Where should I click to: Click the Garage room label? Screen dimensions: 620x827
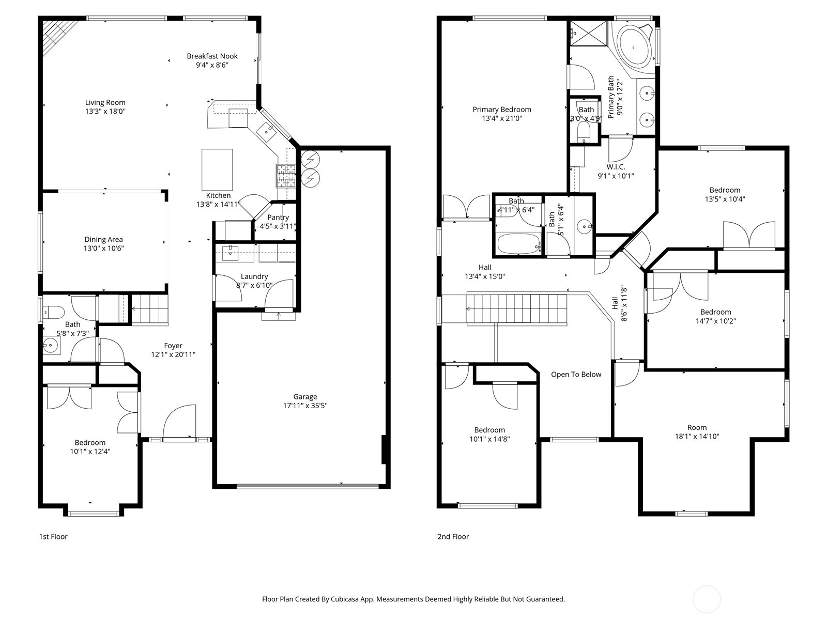pyautogui.click(x=305, y=397)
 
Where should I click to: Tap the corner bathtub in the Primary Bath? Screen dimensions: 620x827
pyautogui.click(x=634, y=47)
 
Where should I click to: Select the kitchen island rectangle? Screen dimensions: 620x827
pyautogui.click(x=217, y=169)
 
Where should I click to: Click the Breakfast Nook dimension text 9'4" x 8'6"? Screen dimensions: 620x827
pyautogui.click(x=212, y=65)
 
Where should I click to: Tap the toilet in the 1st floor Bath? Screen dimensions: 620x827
pyautogui.click(x=53, y=312)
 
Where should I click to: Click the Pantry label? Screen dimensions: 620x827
pyautogui.click(x=278, y=218)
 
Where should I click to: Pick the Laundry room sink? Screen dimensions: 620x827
pyautogui.click(x=230, y=253)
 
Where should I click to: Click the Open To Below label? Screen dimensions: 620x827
pyautogui.click(x=576, y=375)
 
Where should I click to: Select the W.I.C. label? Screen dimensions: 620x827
pyautogui.click(x=616, y=167)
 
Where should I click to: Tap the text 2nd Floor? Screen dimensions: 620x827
pyautogui.click(x=453, y=537)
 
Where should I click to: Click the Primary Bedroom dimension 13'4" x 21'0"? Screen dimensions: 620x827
pyautogui.click(x=502, y=118)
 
